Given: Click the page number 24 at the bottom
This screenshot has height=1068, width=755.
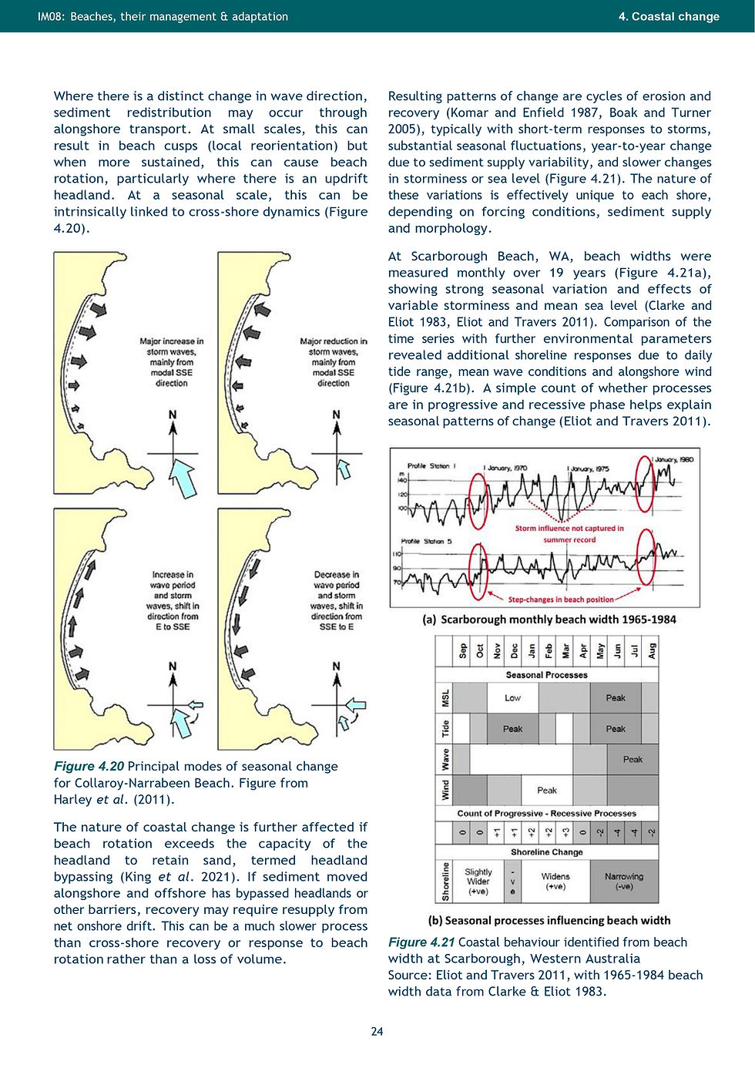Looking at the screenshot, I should tap(377, 1031).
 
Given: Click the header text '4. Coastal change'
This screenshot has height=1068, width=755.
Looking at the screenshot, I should tap(669, 16).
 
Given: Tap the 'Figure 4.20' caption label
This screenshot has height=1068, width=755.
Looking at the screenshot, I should tap(89, 766).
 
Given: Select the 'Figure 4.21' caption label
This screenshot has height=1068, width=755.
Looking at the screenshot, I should tap(421, 942).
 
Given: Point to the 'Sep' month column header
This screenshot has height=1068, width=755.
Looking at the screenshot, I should tap(462, 651).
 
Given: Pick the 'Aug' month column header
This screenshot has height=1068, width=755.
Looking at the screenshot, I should tap(651, 651).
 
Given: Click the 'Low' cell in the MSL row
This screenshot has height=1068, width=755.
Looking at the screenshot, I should tap(512, 698).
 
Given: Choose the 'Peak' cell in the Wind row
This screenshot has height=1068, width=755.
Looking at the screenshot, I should tap(547, 791).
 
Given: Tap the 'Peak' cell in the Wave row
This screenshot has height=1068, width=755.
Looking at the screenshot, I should tap(633, 760).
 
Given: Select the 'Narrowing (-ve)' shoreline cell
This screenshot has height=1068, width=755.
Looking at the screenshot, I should tap(624, 882).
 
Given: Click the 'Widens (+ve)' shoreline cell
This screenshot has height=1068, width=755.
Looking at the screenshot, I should tap(555, 882).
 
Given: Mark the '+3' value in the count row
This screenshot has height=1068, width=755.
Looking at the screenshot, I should tap(565, 833).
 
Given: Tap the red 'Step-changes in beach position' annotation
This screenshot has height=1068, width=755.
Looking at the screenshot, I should tap(561, 599).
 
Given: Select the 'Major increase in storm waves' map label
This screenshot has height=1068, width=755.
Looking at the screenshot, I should tap(172, 361).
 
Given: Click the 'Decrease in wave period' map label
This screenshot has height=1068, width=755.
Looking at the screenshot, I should tap(336, 600).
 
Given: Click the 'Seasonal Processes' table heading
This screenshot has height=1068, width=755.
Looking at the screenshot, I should tap(546, 675).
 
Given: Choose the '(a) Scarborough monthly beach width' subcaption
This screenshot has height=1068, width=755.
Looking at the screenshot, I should tap(549, 620).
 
